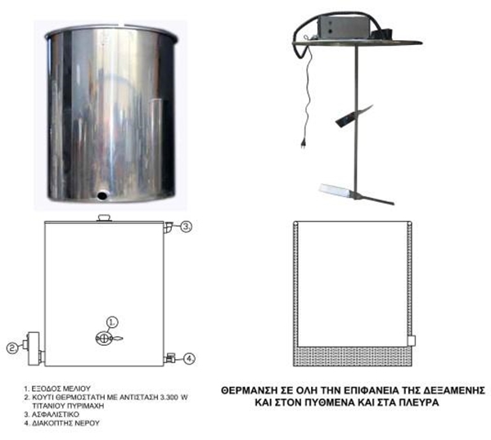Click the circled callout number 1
(112, 322)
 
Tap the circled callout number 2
(12, 348)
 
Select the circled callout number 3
(187, 227)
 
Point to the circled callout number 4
(189, 359)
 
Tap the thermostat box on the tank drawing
(34, 348)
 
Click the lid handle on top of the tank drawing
(104, 218)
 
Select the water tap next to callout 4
(169, 357)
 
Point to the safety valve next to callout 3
(168, 227)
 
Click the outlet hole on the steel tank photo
(101, 195)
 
